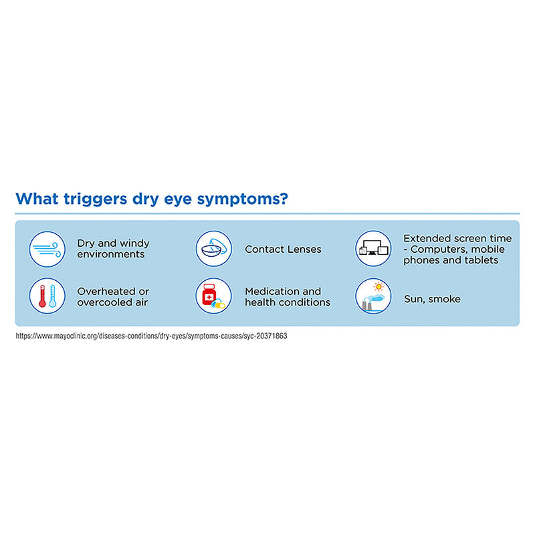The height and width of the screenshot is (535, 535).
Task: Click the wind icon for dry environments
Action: [47, 249]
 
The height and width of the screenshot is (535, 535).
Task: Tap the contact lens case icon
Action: [214, 249]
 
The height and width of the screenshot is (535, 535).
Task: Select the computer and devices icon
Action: [373, 249]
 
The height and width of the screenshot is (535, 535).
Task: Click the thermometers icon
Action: [47, 296]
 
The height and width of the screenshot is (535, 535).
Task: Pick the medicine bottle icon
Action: [214, 296]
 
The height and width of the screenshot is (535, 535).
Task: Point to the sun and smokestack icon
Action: [373, 296]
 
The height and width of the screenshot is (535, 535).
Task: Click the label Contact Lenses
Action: [283, 249]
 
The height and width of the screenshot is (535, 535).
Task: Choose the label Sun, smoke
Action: [432, 299]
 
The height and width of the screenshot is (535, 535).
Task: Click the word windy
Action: [134, 243]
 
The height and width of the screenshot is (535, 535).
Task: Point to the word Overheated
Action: [105, 292]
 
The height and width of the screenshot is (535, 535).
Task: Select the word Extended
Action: [427, 238]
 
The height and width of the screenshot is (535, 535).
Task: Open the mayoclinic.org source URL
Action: [151, 336]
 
